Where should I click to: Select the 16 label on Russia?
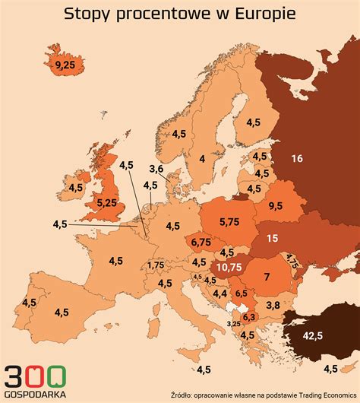pyautogui.click(x=296, y=158)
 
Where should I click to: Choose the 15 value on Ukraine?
pyautogui.click(x=272, y=238)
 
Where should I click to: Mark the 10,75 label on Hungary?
pyautogui.click(x=229, y=267)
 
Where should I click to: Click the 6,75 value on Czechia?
pyautogui.click(x=201, y=242)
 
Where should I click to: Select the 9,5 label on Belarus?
pyautogui.click(x=274, y=205)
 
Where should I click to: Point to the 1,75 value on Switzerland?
pyautogui.click(x=156, y=265)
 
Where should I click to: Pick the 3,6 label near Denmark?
pyautogui.click(x=156, y=169)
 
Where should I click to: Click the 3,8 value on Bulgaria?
pyautogui.click(x=273, y=305)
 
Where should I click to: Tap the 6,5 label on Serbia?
pyautogui.click(x=241, y=293)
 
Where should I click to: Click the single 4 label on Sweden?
pyautogui.click(x=202, y=158)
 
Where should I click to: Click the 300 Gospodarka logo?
pyautogui.click(x=35, y=379)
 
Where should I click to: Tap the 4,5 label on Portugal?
pyautogui.click(x=29, y=302)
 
